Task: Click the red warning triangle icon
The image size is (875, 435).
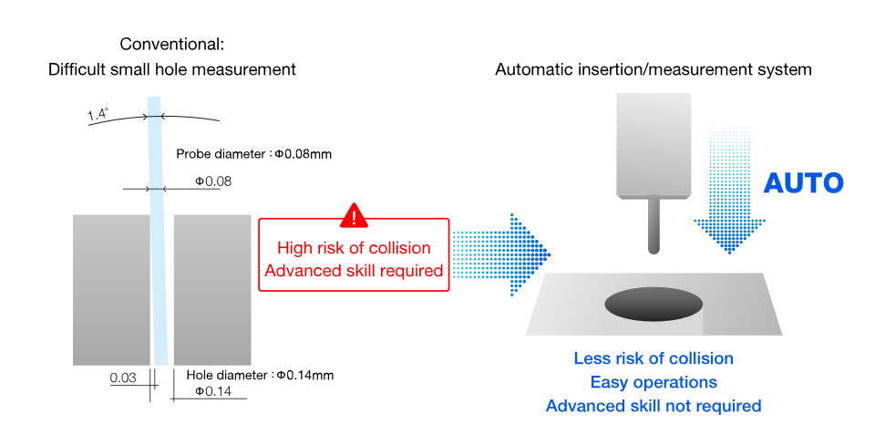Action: coord(354,217)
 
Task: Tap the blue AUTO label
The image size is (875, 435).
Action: coord(803,183)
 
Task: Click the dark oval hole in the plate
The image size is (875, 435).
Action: coord(654,304)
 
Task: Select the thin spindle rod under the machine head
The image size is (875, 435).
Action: coord(653,226)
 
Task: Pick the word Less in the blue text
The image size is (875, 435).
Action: coord(590,358)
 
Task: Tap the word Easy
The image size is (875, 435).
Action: coord(609,382)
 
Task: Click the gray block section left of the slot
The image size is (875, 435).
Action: coord(111,290)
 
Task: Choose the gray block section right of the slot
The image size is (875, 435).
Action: coord(212,290)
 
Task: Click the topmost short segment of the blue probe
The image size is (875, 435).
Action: coord(154,107)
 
